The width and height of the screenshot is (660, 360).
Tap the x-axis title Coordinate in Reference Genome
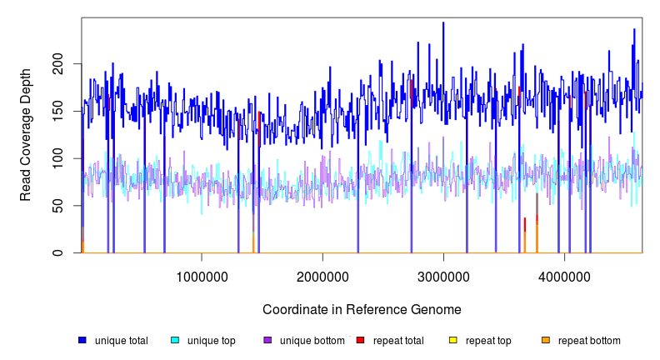point(362,309)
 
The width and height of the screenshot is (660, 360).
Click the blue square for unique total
point(82,340)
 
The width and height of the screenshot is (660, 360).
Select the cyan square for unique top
point(174,340)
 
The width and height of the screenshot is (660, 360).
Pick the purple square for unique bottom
point(267,340)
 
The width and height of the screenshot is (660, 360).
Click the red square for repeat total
point(360,340)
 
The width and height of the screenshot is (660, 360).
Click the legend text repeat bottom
point(589,340)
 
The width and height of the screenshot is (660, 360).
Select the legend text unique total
point(122,340)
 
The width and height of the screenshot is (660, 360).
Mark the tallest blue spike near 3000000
point(443,23)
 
